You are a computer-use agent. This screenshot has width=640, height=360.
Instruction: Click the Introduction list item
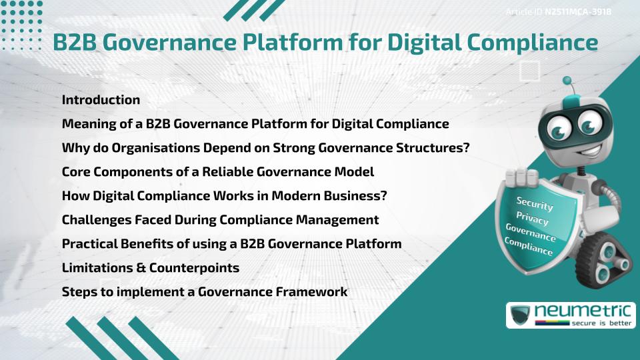[x=101, y=100]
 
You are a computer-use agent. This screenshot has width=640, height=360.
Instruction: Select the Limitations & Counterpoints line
[x=151, y=267]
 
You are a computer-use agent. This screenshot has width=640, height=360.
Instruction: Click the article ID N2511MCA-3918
[x=578, y=12]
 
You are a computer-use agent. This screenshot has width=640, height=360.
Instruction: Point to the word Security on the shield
[x=535, y=203]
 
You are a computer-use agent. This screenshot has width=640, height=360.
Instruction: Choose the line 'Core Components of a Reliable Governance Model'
[x=218, y=171]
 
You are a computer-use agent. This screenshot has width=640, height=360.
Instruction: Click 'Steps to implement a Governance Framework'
[x=205, y=291]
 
